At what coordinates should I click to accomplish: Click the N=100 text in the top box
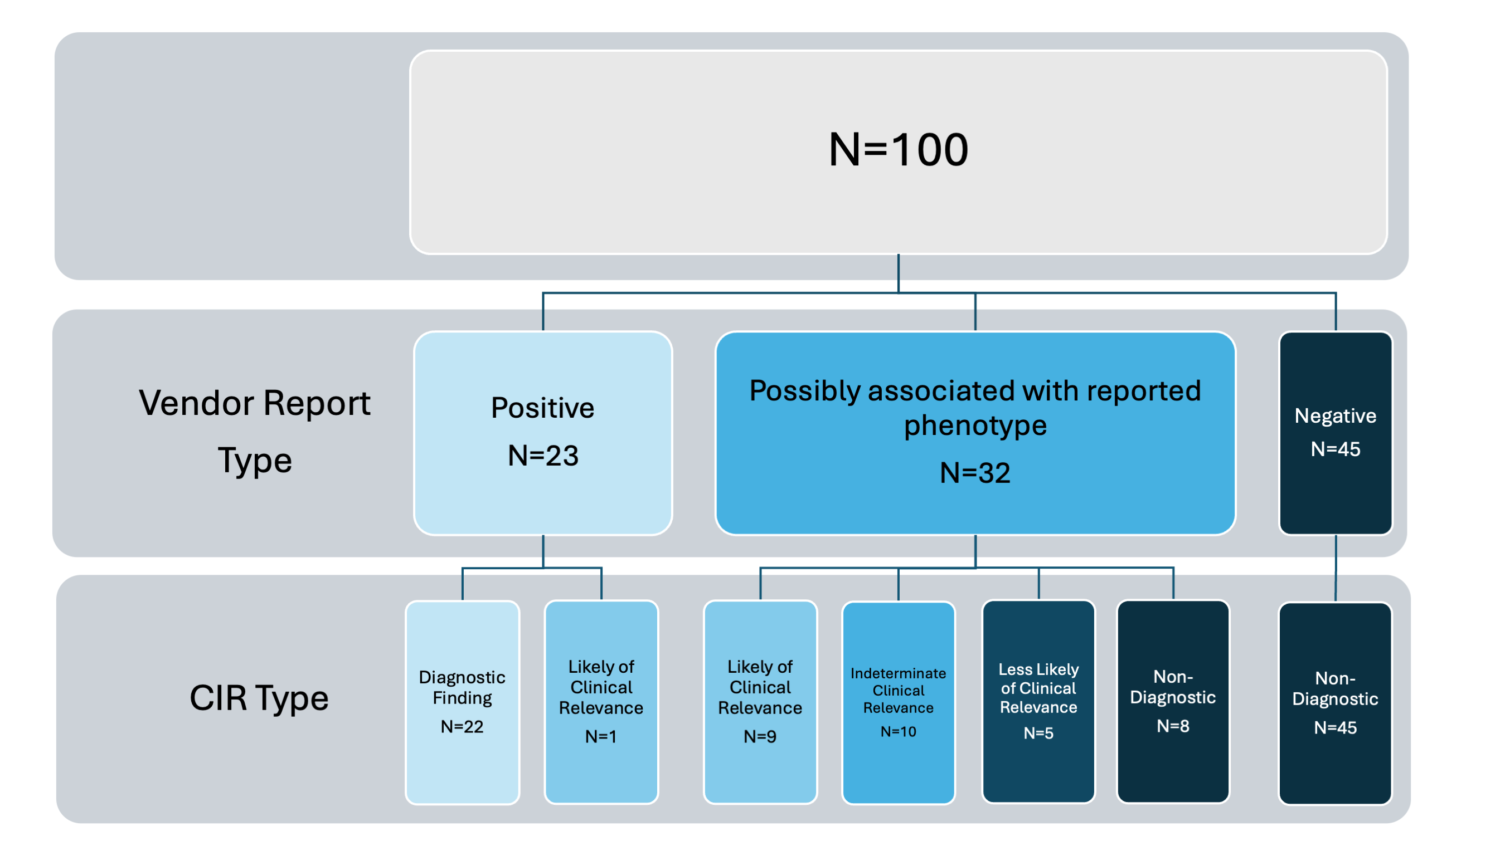(x=898, y=149)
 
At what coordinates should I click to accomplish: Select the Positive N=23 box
(x=543, y=433)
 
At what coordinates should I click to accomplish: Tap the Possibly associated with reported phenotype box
(x=975, y=433)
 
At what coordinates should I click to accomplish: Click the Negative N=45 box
(x=1336, y=433)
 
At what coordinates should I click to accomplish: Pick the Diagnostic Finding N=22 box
(x=462, y=702)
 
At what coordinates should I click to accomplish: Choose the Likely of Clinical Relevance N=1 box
(x=601, y=702)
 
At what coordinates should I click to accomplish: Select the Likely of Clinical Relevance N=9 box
(x=760, y=702)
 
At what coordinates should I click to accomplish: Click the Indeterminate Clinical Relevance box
(x=898, y=702)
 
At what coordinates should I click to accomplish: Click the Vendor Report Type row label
(x=255, y=432)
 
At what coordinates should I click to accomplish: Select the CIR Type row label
(x=259, y=698)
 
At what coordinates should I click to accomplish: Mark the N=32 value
(x=975, y=472)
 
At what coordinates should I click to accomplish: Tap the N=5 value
(x=1038, y=733)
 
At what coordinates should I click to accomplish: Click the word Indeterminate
(x=898, y=673)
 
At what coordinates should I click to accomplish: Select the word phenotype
(x=975, y=426)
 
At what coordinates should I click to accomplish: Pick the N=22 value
(x=462, y=726)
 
